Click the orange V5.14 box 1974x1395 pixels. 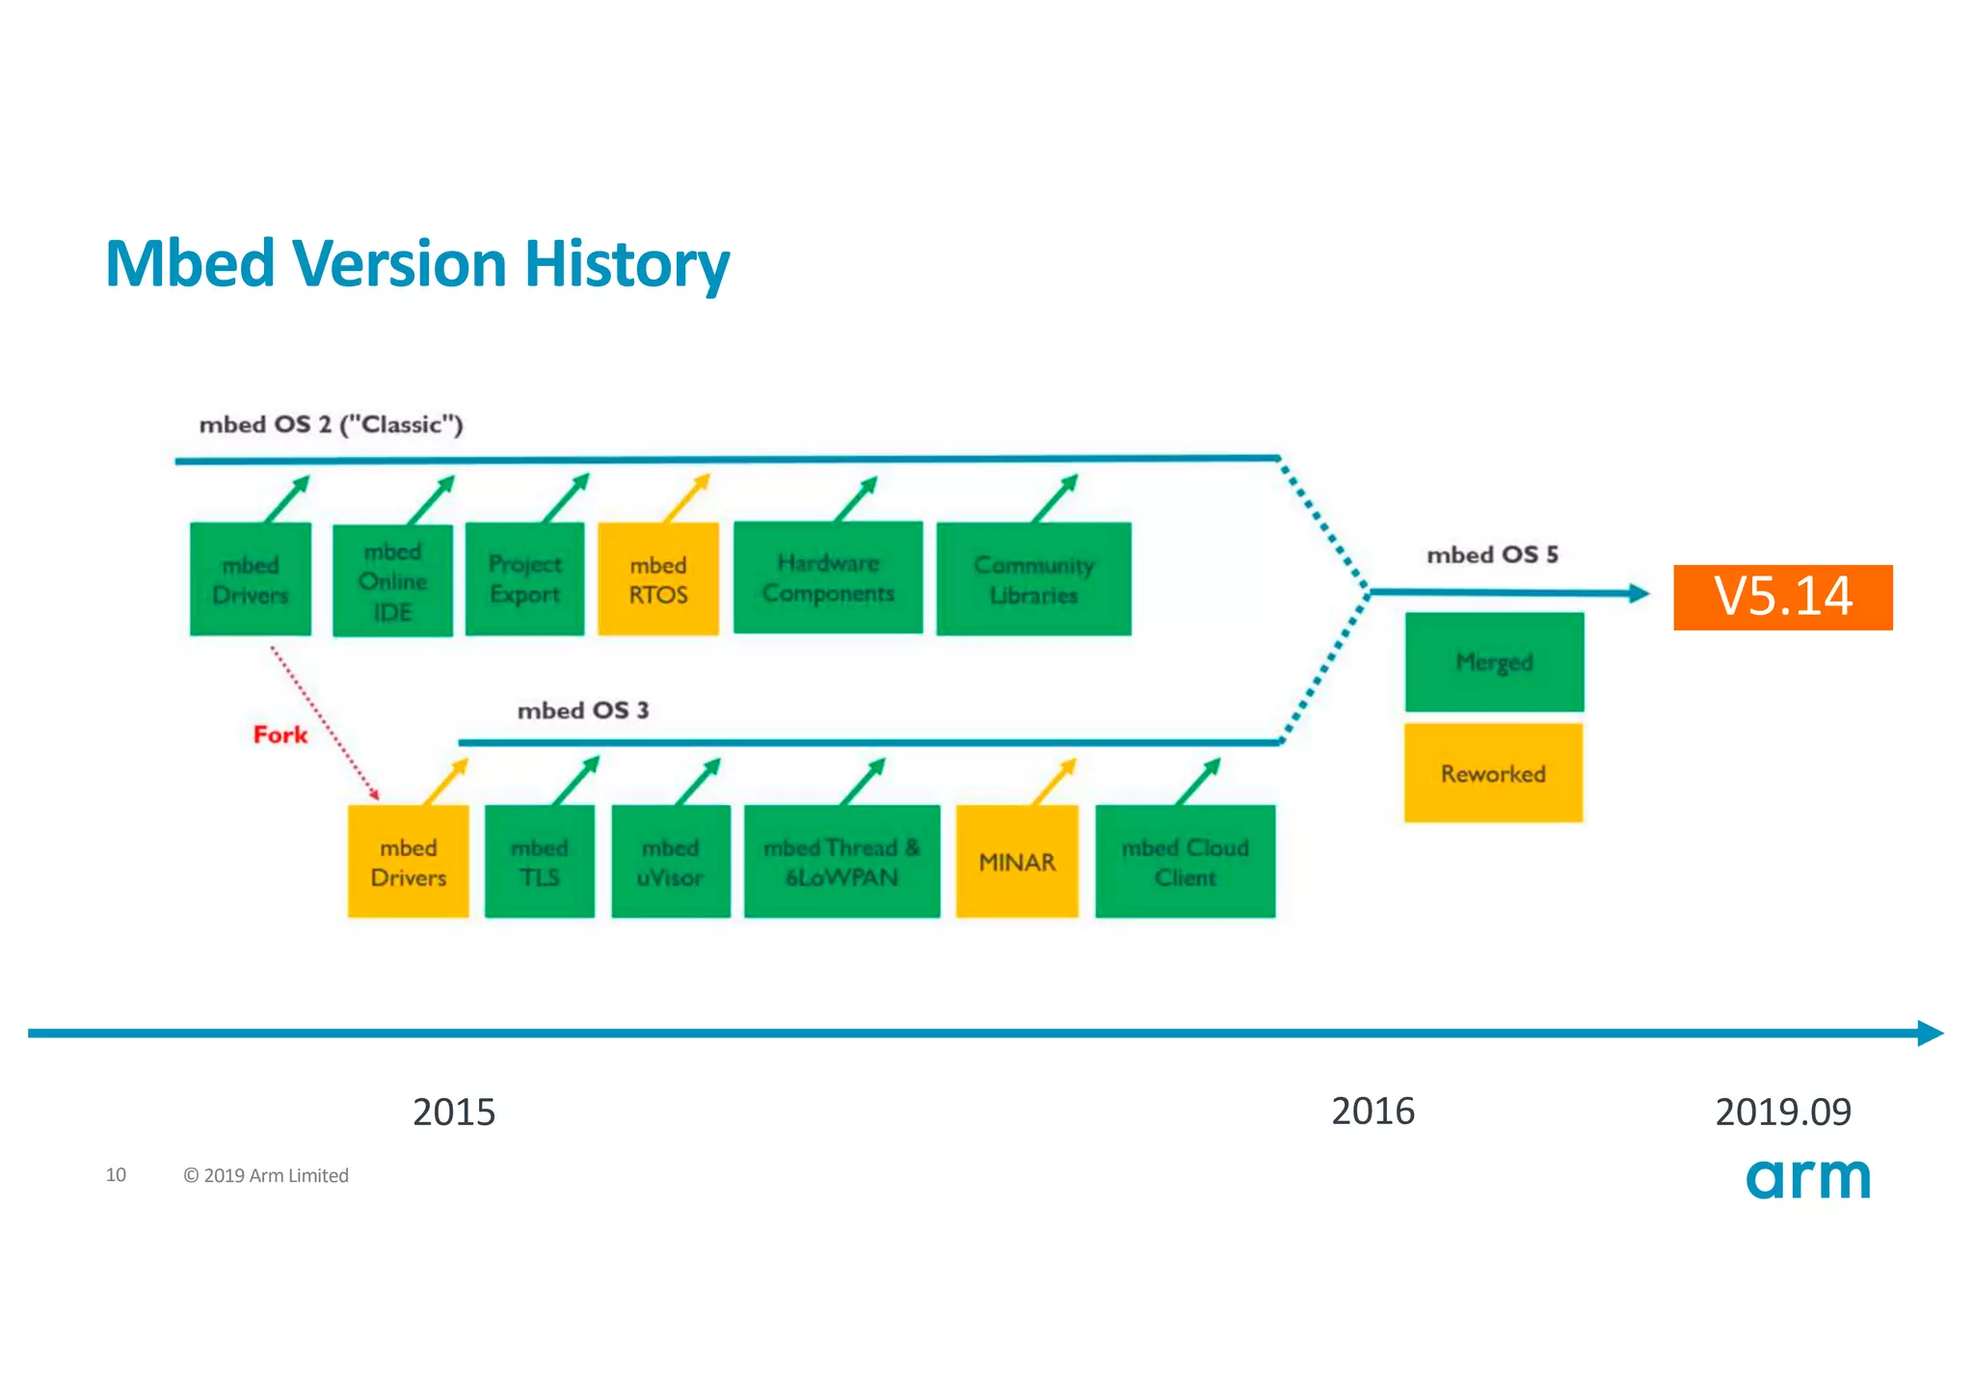[1782, 597]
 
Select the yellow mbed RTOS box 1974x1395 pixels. [658, 579]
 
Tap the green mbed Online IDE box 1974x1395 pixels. [392, 580]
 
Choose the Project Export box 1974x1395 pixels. [524, 579]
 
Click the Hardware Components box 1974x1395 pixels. [828, 578]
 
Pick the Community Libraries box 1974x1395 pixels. [1033, 579]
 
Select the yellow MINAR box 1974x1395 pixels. [1017, 862]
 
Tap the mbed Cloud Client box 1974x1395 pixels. [1185, 862]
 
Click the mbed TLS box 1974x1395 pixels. [539, 862]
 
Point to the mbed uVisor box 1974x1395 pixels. [670, 862]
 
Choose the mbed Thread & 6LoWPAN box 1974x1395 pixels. [841, 862]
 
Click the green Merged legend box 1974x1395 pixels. [1494, 662]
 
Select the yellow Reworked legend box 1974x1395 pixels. [1493, 773]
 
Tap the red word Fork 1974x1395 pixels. [280, 735]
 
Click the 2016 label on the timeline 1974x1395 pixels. [1373, 1112]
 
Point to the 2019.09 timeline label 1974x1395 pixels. [1783, 1113]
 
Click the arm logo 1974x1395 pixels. [1808, 1178]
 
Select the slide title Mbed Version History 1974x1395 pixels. [416, 263]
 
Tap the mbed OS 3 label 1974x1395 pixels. [582, 711]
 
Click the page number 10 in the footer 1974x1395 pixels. [116, 1174]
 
